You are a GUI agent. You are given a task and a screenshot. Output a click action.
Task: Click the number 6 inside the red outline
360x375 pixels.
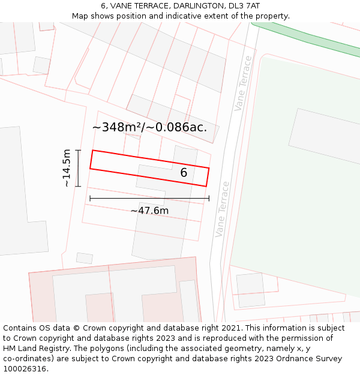point(184,173)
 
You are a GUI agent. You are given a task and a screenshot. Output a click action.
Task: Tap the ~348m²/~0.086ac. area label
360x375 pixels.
point(149,127)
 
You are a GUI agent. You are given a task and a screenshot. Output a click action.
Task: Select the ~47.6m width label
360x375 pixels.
point(149,211)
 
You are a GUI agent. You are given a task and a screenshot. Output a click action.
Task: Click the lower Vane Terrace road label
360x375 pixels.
point(222,209)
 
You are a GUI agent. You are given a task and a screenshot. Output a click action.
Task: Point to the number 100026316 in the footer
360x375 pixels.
point(26,369)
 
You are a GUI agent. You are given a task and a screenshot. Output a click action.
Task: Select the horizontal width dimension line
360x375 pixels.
point(149,198)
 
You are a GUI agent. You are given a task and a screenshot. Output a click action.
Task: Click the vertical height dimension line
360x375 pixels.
point(78,168)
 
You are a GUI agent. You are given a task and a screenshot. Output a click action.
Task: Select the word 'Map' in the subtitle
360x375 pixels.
point(80,16)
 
